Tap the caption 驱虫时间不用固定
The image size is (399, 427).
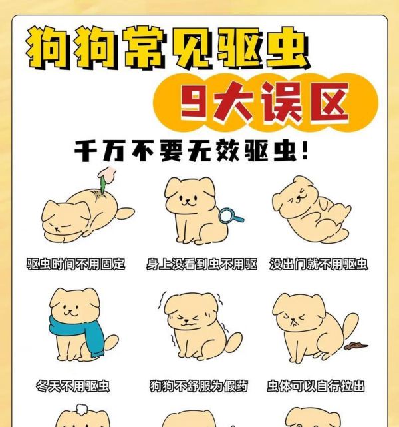click(76, 264)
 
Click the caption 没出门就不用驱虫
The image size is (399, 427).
click(319, 264)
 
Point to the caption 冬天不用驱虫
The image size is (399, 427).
click(72, 386)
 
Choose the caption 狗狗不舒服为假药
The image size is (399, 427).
click(199, 386)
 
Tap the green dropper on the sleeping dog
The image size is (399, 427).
click(104, 179)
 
